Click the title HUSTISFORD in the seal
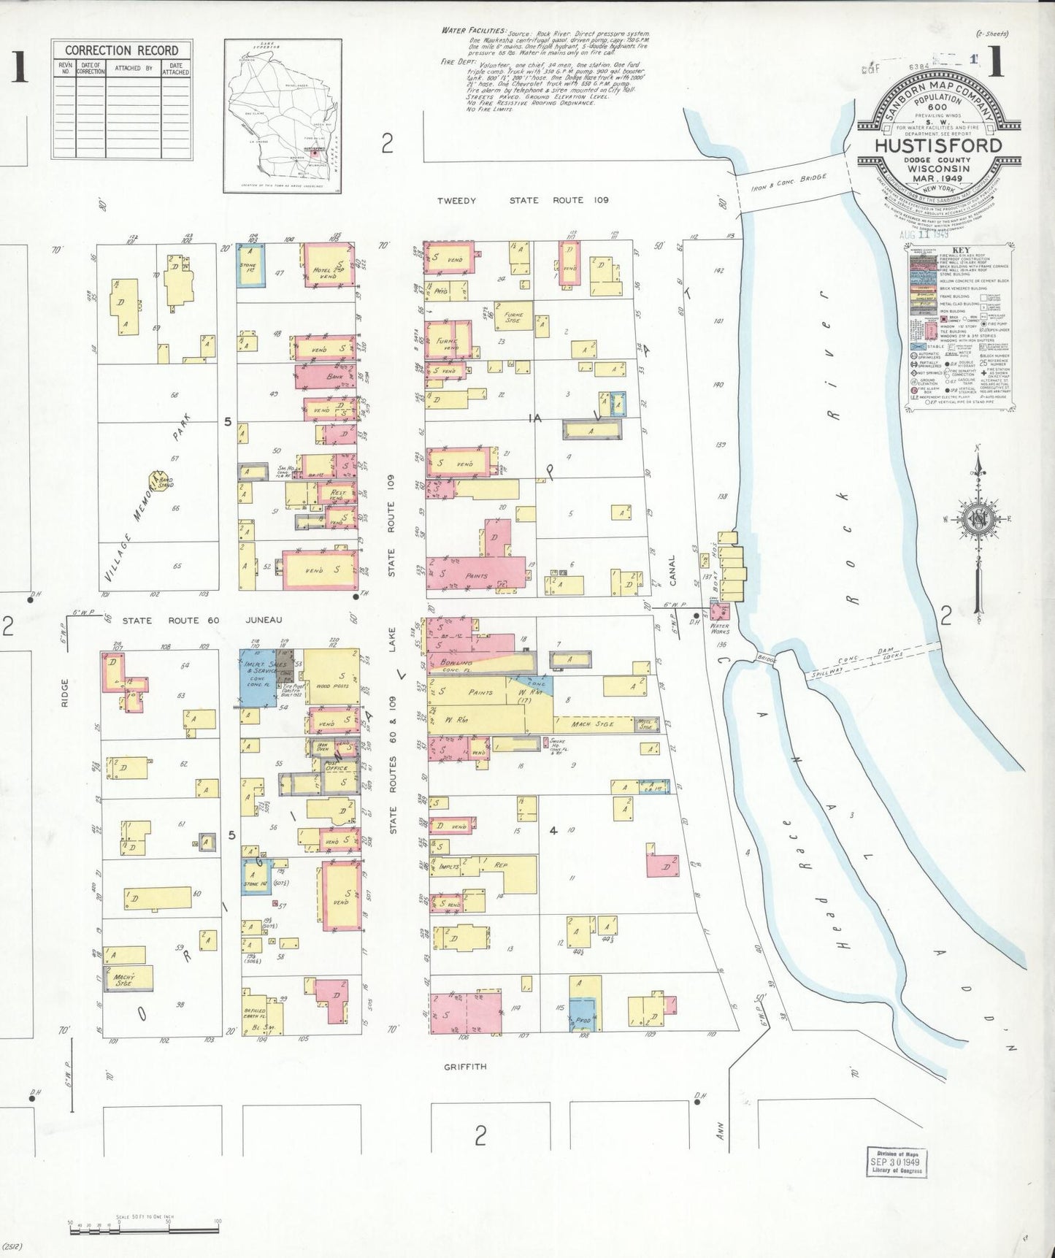[x=938, y=145]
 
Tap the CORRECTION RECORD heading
[x=121, y=50]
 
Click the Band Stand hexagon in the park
[x=157, y=480]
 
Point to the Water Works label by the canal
[x=720, y=628]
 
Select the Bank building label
[x=335, y=377]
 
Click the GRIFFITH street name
[x=465, y=1066]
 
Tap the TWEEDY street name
[x=456, y=200]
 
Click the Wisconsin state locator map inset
[x=282, y=115]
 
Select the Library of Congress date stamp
[x=895, y=1162]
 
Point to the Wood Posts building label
[x=332, y=686]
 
